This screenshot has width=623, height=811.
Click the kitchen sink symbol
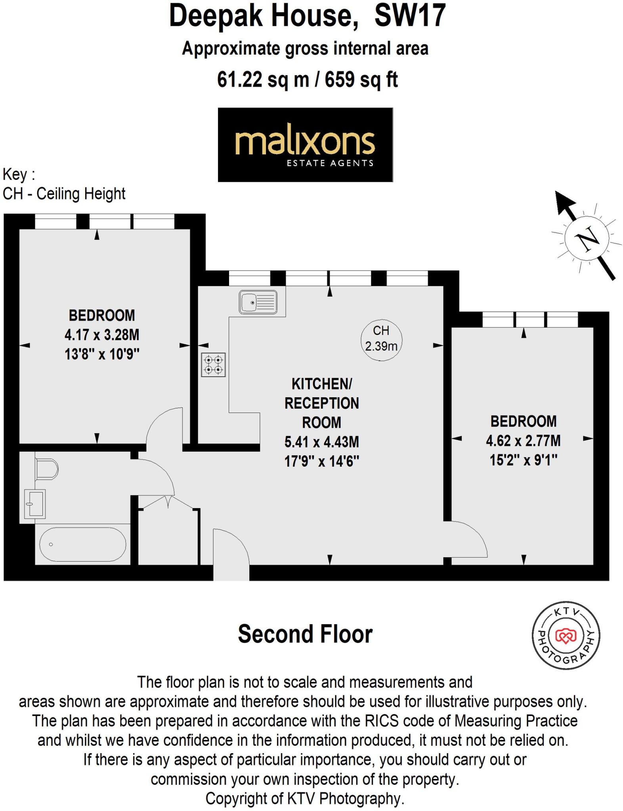(258, 303)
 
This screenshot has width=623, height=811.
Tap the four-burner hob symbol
(213, 365)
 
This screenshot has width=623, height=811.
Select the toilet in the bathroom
(46, 469)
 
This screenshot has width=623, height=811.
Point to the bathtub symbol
(82, 544)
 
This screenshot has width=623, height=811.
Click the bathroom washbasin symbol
(35, 504)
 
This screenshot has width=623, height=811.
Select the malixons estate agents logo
(305, 145)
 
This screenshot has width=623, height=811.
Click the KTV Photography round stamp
(566, 636)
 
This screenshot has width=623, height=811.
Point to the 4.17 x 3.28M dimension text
(102, 335)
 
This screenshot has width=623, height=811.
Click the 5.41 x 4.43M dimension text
(321, 442)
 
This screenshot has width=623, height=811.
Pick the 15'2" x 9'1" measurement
(523, 460)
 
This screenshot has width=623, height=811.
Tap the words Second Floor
(305, 634)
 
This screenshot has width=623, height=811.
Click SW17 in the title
(410, 16)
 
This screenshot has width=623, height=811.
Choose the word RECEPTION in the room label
(321, 403)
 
